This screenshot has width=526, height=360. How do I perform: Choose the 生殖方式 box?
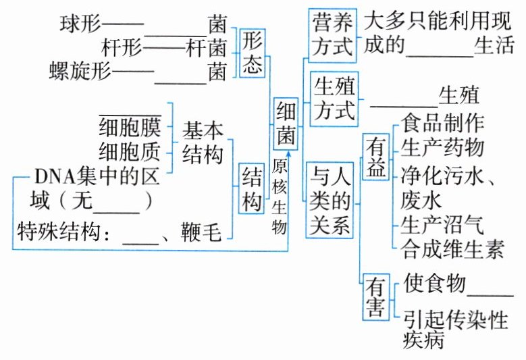tap(333, 100)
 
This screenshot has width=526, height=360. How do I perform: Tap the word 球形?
tap(80, 25)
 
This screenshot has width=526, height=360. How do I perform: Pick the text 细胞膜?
tap(130, 127)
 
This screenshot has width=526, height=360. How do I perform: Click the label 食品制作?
tap(442, 124)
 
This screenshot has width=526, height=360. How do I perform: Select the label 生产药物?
tap(442, 147)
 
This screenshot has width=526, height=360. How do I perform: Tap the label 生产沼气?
tap(442, 225)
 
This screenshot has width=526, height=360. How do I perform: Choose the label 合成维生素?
tap(452, 249)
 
